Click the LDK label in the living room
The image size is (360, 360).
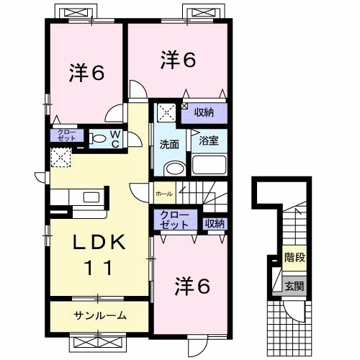pos(99,243)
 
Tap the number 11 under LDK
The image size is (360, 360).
pos(99,268)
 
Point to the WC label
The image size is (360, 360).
pos(115,138)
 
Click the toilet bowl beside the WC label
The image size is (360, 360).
pos(96,137)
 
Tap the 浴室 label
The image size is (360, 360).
pos(208,140)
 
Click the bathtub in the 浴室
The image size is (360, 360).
pos(209,165)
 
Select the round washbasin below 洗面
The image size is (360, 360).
pos(173,168)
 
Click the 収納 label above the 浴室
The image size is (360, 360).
pos(204,112)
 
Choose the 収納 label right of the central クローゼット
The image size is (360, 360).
pos(214,222)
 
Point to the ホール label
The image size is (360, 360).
pos(163,192)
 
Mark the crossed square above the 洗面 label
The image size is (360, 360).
pos(166,112)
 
